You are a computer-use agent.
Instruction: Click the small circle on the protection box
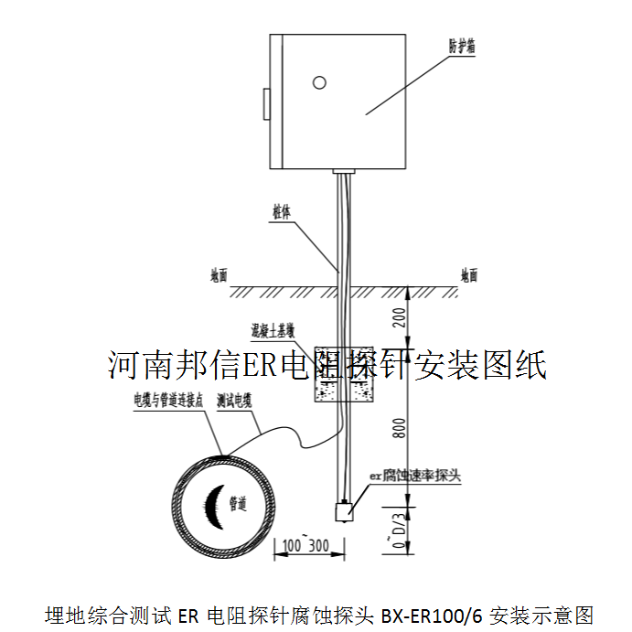pos(319,81)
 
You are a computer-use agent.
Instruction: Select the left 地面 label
pos(219,274)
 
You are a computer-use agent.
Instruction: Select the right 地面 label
pos(468,274)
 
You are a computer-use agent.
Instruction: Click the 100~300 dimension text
pos(306,545)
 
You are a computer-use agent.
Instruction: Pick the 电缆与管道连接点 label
pos(166,401)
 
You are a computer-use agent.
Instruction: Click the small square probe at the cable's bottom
pos(344,512)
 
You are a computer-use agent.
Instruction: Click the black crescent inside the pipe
pos(214,505)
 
